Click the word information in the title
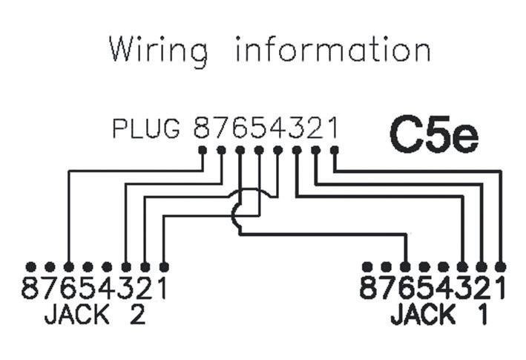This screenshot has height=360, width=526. pos(332,50)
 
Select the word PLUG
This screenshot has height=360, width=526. pos(146,130)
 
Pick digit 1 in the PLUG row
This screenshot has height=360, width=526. pos(333,129)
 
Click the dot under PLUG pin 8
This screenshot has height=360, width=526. pos(203,150)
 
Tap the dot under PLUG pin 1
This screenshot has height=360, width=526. pos(334,150)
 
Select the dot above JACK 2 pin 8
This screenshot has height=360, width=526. pos(30,266)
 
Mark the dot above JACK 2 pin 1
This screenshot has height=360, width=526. pos(164,266)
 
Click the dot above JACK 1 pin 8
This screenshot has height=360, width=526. pos(367,266)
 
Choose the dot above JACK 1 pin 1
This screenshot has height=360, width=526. pos(501,266)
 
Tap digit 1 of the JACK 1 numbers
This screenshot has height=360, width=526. pos(500,288)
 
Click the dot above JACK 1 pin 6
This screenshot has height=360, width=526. pos(405,266)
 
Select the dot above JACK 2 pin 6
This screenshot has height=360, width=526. pos(68,266)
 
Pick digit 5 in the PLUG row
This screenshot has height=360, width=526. pos(259,129)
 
